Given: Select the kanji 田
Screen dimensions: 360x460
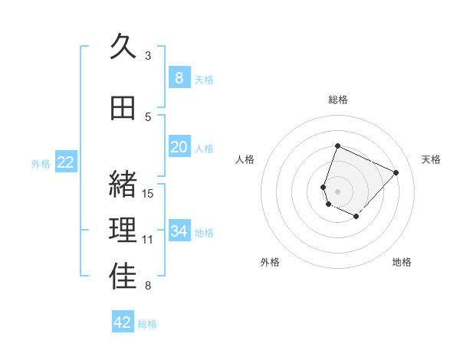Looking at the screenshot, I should coord(123,109).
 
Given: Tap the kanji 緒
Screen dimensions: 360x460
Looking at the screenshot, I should coord(123,184).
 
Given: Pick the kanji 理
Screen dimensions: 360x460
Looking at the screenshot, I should coord(123,231).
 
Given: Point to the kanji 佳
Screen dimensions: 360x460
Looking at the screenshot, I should coord(123,277).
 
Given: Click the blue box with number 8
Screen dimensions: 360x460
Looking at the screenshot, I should coord(179,77).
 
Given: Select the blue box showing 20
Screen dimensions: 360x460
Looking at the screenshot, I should coord(179,147).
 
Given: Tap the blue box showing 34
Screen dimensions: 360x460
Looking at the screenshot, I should coord(179,231).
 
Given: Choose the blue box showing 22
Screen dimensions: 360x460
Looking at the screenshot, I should coord(66,162).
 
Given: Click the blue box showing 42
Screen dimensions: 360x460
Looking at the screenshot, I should coord(123,322).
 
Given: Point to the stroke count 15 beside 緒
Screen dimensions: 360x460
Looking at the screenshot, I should coord(149,193).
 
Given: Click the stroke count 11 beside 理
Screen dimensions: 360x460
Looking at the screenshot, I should coord(149,240).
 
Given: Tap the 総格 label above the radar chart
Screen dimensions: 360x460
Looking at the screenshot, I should coord(338,100).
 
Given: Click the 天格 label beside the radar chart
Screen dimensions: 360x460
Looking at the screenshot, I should coord(432,159).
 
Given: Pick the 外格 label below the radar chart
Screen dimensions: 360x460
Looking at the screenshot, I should coord(270,262).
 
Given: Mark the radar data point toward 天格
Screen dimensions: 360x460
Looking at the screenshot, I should coord(396,172).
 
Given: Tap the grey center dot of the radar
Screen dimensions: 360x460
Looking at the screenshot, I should coord(338,191).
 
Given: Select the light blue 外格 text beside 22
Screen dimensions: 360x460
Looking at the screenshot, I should coord(41,163).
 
